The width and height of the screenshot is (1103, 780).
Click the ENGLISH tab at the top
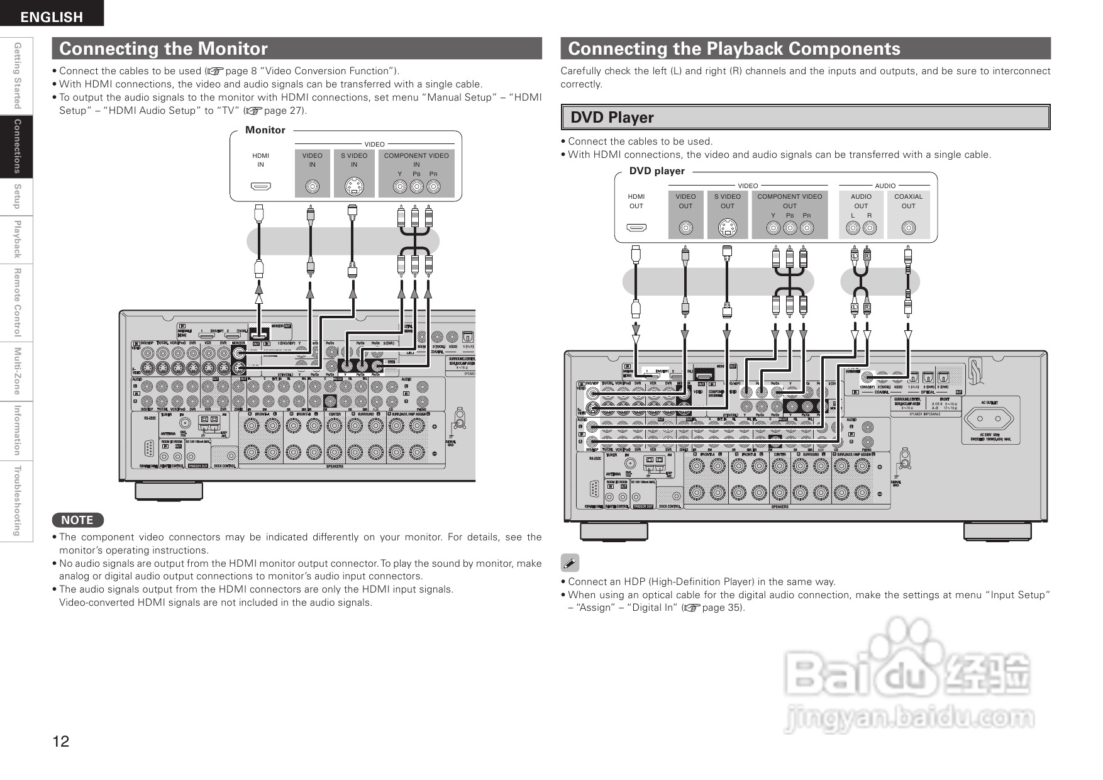[52, 17]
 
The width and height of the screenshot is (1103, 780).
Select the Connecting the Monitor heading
[164, 48]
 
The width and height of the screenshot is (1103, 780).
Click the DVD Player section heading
[612, 118]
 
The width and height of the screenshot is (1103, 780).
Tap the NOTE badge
[77, 520]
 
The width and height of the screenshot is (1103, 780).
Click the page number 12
[61, 741]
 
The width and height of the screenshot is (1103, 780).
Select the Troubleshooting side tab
[18, 501]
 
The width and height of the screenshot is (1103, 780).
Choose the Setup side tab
[18, 196]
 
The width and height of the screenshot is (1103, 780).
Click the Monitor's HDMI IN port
[260, 187]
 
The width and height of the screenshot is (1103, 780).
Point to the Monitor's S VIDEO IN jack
[354, 187]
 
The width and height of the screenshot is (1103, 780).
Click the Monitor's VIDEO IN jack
[312, 187]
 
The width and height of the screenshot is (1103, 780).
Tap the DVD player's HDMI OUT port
[636, 228]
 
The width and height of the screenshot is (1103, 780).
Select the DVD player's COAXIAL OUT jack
[908, 228]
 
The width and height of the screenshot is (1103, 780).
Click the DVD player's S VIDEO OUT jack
[728, 228]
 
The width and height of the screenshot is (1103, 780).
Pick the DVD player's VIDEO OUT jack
[685, 228]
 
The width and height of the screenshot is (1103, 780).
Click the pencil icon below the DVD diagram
[570, 563]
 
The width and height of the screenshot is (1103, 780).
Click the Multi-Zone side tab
[18, 371]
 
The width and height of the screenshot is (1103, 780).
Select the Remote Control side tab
[18, 303]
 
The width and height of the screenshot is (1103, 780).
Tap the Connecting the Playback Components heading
[734, 48]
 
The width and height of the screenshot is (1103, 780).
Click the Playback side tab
[18, 239]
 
